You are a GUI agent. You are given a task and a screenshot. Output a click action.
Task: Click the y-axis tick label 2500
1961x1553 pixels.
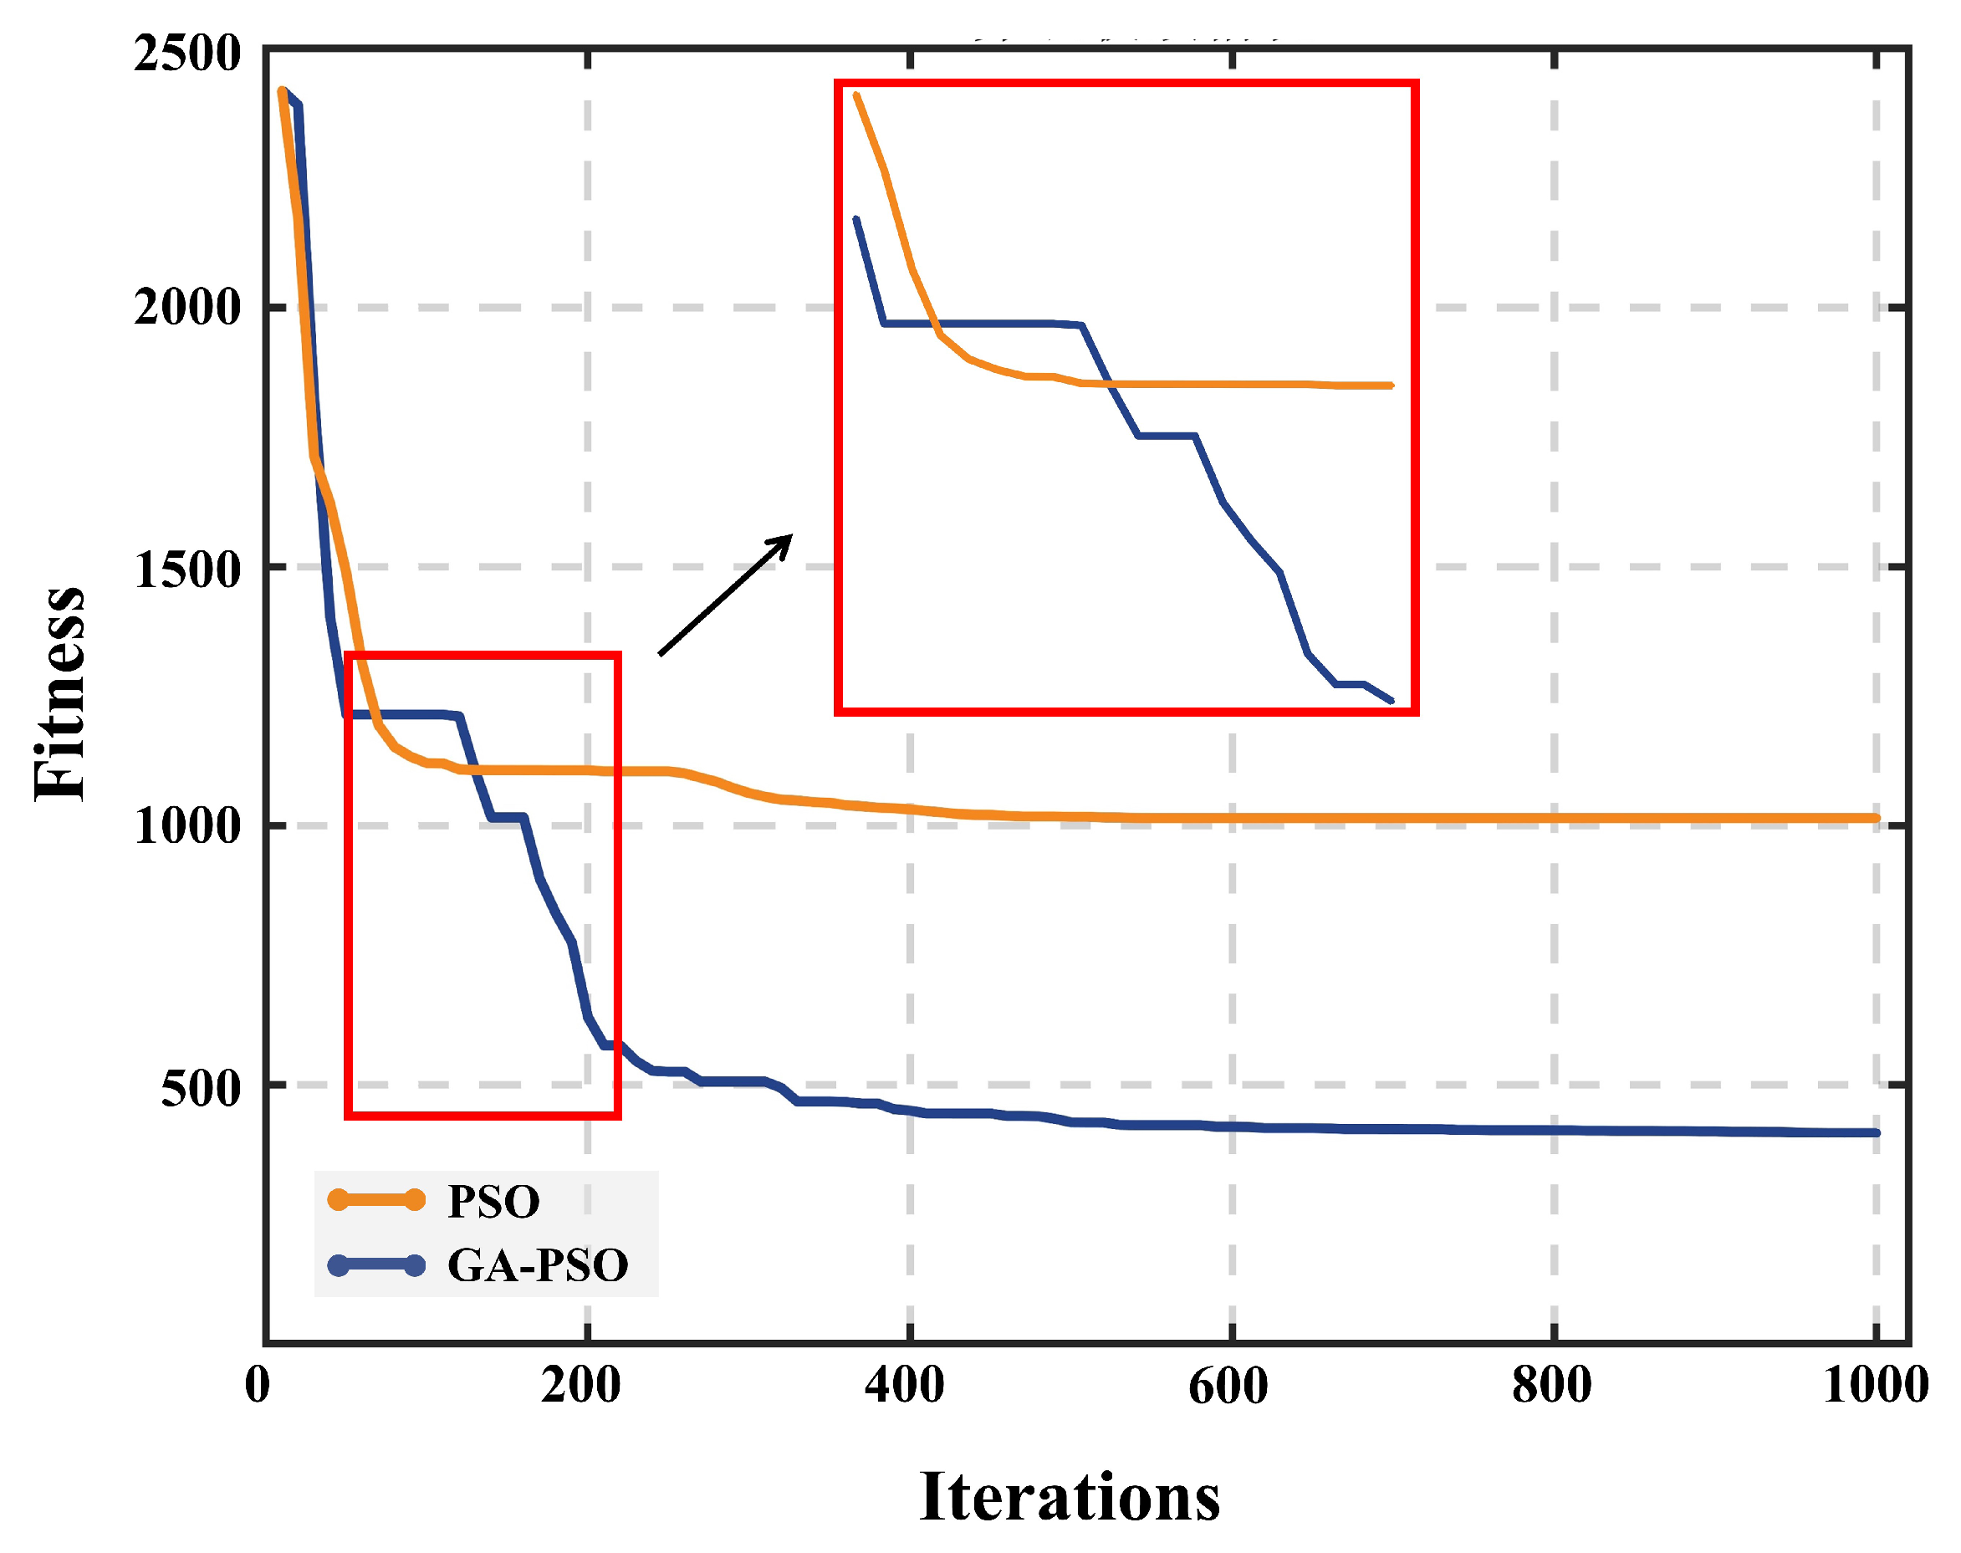(186, 54)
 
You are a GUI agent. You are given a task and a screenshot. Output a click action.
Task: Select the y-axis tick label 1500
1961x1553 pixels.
(186, 570)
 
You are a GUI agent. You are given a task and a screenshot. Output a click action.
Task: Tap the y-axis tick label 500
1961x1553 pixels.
(200, 1088)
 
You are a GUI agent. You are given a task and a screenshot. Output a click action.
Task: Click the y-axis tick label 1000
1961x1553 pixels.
(186, 826)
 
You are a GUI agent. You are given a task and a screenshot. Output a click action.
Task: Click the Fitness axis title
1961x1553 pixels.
(60, 695)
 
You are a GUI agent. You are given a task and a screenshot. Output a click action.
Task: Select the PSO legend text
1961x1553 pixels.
(493, 1202)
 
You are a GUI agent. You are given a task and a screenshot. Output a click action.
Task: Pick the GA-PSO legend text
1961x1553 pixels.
(538, 1265)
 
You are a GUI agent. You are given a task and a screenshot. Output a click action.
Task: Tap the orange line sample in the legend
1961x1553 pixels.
(375, 1200)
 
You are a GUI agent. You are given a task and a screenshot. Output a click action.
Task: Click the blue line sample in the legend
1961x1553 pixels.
(375, 1264)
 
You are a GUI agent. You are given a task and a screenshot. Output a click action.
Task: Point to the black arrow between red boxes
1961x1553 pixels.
(724, 595)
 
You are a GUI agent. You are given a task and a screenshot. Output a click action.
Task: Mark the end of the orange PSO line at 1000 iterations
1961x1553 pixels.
(1875, 819)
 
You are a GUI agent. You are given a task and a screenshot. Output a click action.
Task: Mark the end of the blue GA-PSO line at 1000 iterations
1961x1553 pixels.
(1875, 1133)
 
